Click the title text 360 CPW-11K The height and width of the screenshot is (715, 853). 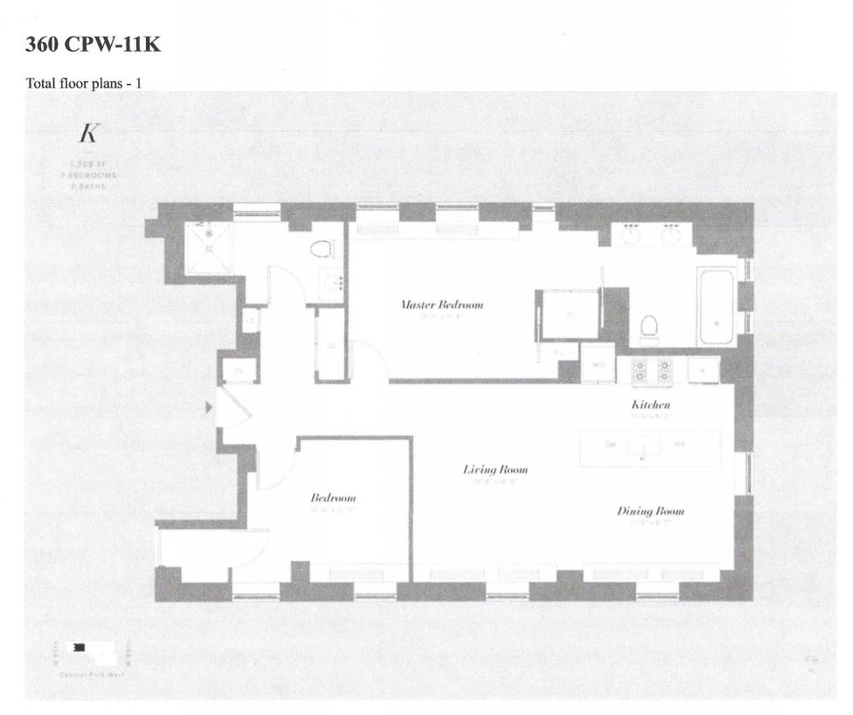tap(94, 45)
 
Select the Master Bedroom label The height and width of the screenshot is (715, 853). tap(441, 305)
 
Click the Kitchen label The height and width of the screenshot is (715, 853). tap(650, 406)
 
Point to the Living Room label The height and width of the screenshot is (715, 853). tap(495, 470)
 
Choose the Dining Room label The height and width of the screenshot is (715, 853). tap(650, 511)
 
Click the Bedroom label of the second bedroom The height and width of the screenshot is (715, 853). tap(333, 498)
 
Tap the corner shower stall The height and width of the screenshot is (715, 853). tap(208, 248)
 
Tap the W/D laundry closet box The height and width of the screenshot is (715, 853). tap(599, 367)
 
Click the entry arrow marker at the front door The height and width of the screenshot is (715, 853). tap(207, 407)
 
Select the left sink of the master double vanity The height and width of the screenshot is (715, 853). tap(632, 234)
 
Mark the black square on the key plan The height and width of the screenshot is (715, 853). tap(80, 647)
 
